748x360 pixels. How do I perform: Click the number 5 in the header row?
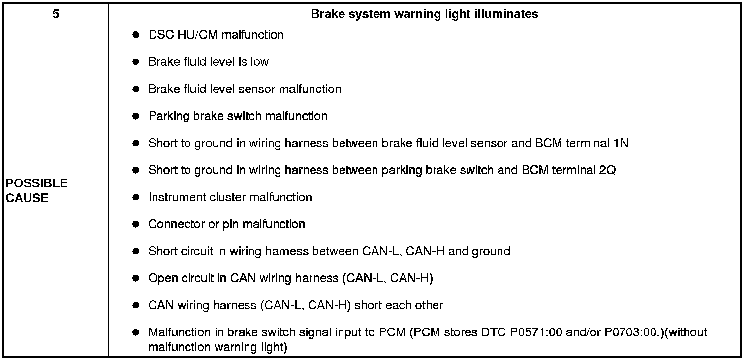click(56, 14)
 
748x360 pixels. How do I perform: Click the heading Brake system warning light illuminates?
click(424, 14)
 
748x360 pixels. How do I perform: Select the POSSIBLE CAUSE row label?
click(36, 190)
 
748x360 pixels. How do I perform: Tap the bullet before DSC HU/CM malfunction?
click(136, 35)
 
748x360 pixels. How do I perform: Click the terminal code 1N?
click(621, 143)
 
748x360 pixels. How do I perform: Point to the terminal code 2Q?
click(608, 170)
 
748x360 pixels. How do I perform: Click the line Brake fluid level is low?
click(208, 62)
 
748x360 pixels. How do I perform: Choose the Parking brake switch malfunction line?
click(238, 116)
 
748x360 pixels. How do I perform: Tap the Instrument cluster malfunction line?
click(230, 197)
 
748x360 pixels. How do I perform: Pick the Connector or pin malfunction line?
click(226, 224)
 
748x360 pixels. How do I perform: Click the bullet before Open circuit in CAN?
click(136, 278)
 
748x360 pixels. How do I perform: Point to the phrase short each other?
click(399, 305)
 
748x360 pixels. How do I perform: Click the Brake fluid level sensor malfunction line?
click(245, 89)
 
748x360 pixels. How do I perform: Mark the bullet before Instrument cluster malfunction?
click(136, 197)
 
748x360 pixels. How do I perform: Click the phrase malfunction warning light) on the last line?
click(217, 347)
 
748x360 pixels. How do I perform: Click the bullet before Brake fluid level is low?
click(136, 62)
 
